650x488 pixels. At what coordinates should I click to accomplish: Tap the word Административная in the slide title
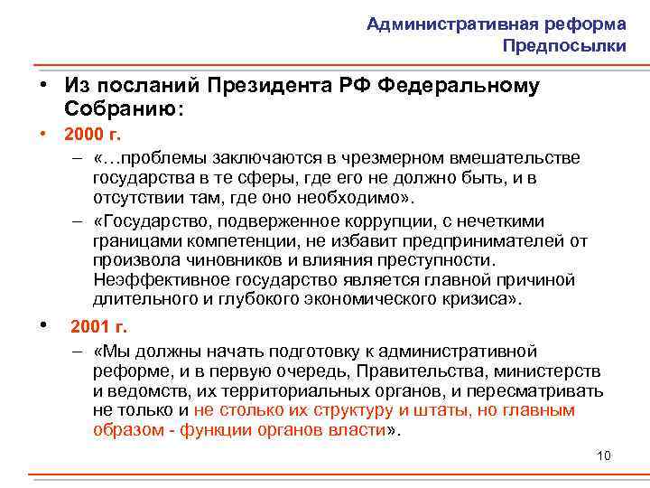pos(435,24)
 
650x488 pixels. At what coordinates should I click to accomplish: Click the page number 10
pos(604,455)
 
